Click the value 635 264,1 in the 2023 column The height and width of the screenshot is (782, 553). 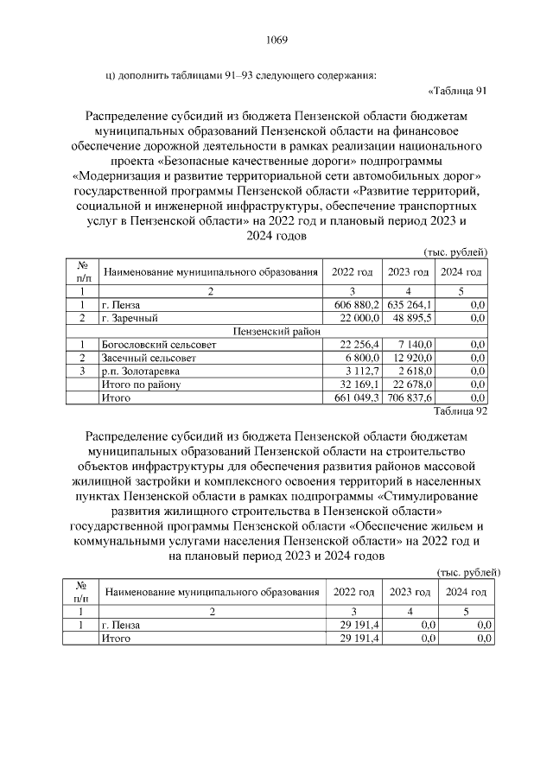[x=410, y=305]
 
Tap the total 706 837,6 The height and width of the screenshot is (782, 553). [x=410, y=397]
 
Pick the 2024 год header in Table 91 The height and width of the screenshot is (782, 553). [x=461, y=272]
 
